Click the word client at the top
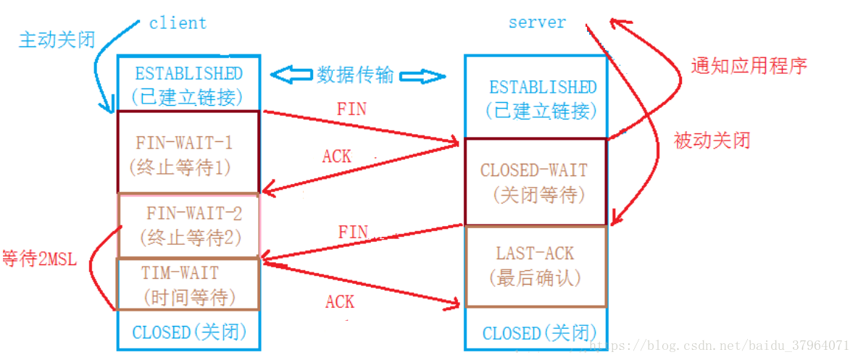point(178,23)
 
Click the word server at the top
point(536,22)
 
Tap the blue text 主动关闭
point(57,39)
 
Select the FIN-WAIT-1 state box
point(188,152)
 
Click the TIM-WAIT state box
point(188,284)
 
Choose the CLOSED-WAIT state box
point(535,182)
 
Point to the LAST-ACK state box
point(535,265)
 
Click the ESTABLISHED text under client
point(188,74)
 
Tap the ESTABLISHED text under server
point(542,88)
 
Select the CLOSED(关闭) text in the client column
point(189,332)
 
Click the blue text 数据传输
point(355,75)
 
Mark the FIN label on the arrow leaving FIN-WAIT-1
point(351,109)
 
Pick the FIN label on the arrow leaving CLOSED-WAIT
point(353,233)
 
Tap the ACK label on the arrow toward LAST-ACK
point(340,302)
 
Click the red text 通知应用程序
point(749,67)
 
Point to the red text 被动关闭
point(712,141)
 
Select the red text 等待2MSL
point(39,259)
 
